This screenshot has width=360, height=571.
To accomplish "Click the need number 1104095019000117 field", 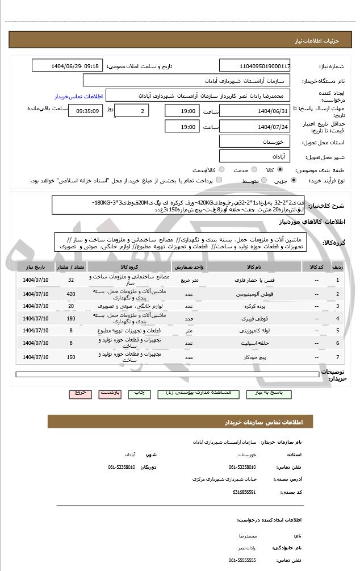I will [x=254, y=66].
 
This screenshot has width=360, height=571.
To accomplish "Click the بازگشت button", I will [x=110, y=393].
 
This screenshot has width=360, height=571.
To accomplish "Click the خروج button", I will [x=80, y=393].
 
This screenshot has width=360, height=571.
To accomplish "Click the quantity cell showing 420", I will [x=71, y=294].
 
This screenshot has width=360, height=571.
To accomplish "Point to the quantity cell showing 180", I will [x=71, y=319].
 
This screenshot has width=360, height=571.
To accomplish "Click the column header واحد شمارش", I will [x=185, y=266].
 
